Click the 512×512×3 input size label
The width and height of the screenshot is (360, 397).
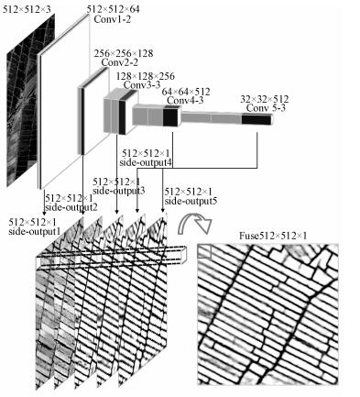(27, 9)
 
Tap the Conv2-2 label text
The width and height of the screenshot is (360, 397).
(119, 62)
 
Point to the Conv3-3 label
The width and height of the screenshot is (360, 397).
(142, 84)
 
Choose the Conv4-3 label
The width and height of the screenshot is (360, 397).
(185, 100)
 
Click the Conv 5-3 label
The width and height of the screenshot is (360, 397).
(266, 108)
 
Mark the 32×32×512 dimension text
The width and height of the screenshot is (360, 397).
(265, 99)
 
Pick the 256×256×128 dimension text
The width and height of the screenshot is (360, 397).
(124, 53)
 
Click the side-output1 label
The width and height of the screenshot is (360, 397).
(34, 231)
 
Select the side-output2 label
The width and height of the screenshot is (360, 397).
(71, 207)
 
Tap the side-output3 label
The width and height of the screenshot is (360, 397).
(118, 191)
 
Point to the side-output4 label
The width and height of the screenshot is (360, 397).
(146, 162)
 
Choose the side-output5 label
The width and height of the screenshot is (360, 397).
(191, 201)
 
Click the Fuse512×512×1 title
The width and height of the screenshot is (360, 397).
(273, 236)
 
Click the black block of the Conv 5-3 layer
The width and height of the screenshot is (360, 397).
(256, 119)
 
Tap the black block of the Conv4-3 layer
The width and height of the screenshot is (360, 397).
(170, 117)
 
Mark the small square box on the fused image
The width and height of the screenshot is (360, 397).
(204, 252)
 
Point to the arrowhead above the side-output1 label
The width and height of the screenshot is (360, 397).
(45, 213)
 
